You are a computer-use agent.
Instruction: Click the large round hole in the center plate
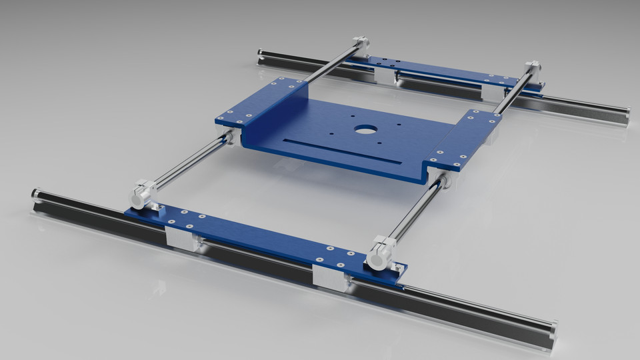[364, 128]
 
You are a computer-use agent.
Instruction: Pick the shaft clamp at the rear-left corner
[360, 47]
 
